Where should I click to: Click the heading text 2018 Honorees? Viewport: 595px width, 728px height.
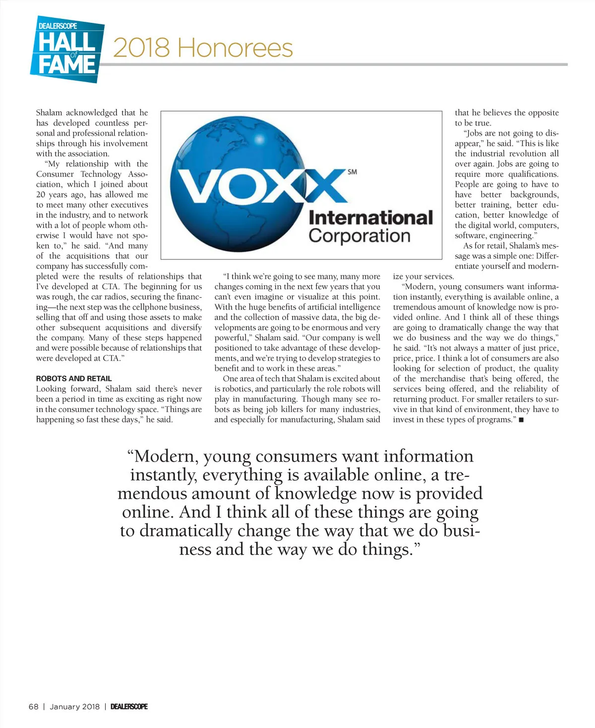tap(203, 48)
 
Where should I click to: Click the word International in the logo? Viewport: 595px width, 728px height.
tap(370, 217)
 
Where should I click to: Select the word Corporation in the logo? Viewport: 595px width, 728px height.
tap(359, 236)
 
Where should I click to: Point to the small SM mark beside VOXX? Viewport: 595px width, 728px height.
tap(352, 172)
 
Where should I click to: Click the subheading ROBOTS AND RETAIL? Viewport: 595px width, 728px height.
tap(74, 378)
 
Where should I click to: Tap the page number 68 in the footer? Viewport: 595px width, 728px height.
tap(33, 707)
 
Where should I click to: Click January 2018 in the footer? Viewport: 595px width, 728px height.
tap(74, 707)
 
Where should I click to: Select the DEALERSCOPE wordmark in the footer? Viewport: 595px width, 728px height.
tap(129, 707)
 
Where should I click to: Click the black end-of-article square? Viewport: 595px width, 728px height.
tap(521, 420)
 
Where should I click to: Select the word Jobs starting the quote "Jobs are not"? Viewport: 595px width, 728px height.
tap(475, 133)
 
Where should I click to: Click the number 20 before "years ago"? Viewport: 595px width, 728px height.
tap(41, 195)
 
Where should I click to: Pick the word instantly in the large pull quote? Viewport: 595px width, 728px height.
tap(159, 475)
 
